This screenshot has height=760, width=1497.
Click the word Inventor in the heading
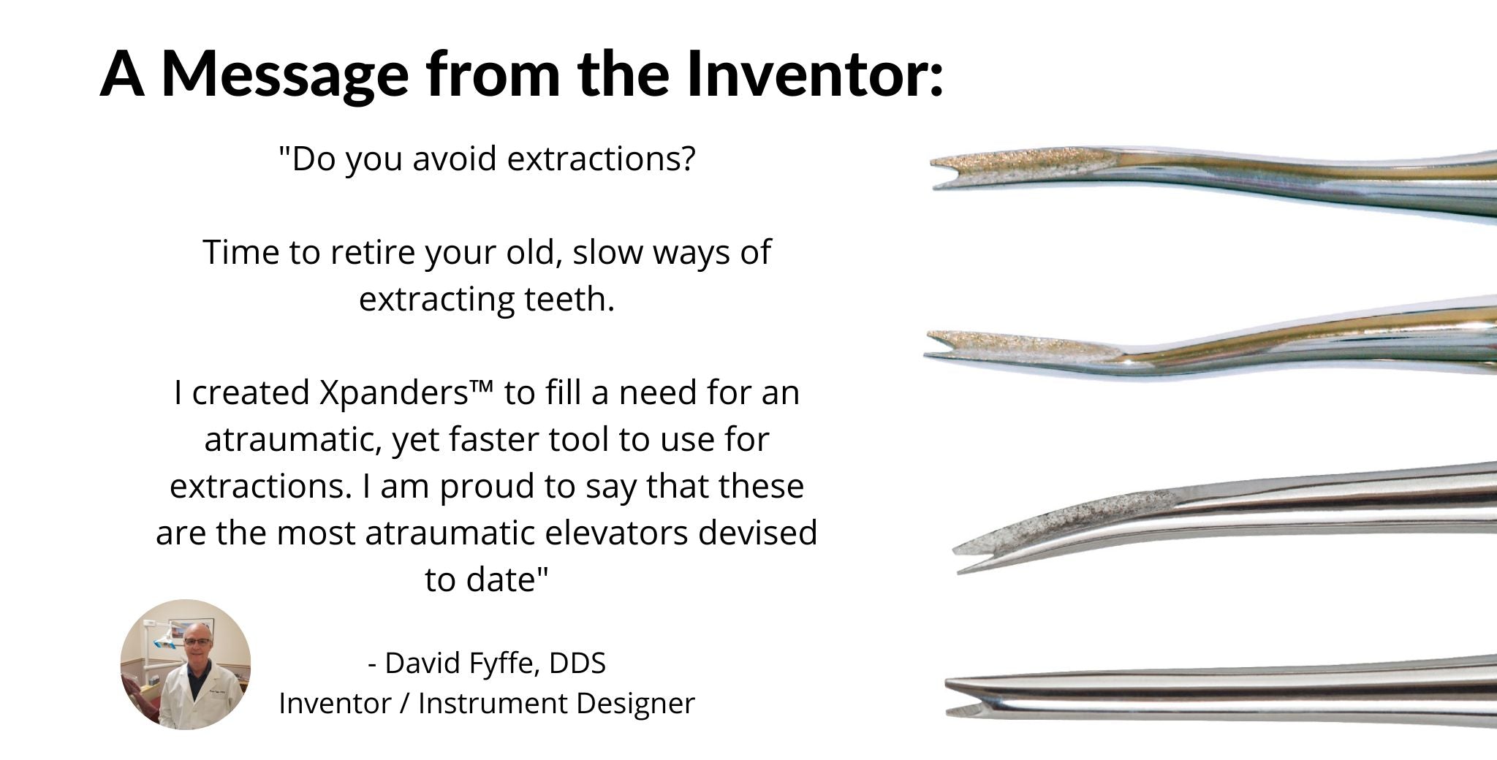(x=815, y=73)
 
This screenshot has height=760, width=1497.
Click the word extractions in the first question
(x=601, y=159)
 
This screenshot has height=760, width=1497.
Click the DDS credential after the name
(x=577, y=663)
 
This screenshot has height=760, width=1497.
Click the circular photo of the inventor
(x=186, y=664)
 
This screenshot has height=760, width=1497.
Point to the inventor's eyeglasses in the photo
(x=197, y=642)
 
